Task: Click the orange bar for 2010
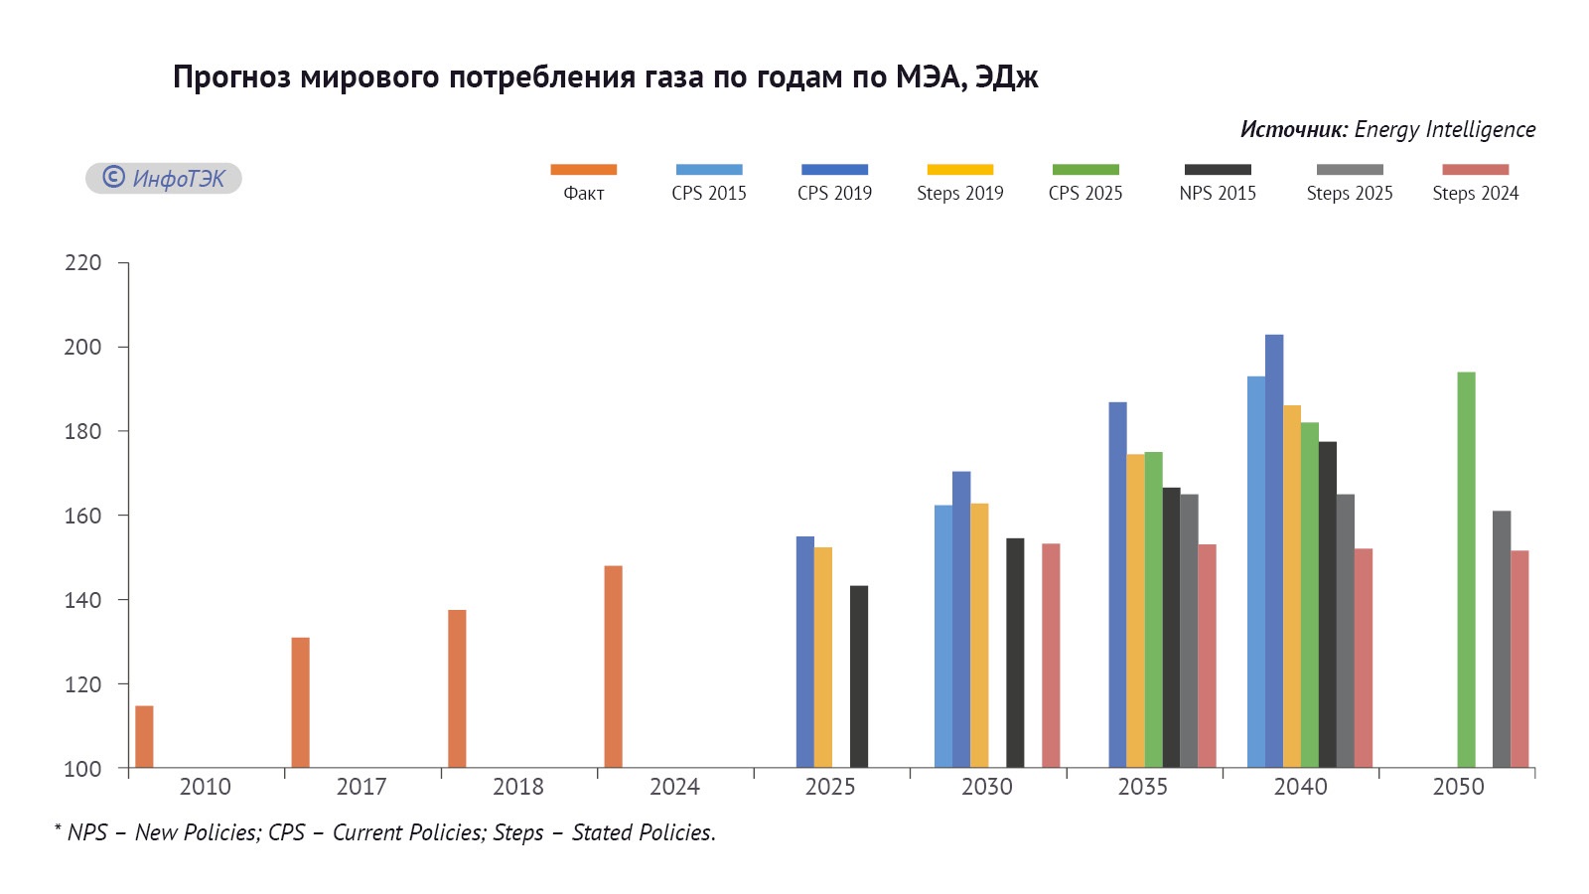tap(144, 737)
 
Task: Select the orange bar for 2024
tap(613, 667)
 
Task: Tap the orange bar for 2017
tap(300, 702)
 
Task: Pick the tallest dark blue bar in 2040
tap(1274, 551)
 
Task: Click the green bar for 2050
tap(1466, 570)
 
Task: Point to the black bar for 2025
tap(859, 676)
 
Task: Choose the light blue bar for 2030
tap(943, 637)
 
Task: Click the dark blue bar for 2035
tap(1117, 585)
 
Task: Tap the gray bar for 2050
tap(1502, 640)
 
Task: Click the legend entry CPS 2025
tap(1085, 193)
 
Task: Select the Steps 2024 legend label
tap(1475, 193)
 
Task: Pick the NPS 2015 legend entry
tap(1218, 193)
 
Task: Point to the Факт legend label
tap(584, 193)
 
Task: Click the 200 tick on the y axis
tap(82, 347)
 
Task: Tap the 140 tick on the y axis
tap(82, 600)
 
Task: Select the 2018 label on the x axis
tap(517, 787)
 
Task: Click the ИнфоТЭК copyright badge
tap(164, 178)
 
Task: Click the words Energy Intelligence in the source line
tap(1444, 129)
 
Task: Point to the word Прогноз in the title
tap(231, 76)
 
